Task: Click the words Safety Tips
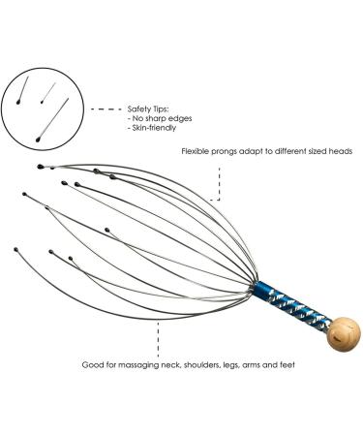[149, 109]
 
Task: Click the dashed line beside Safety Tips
[106, 109]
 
